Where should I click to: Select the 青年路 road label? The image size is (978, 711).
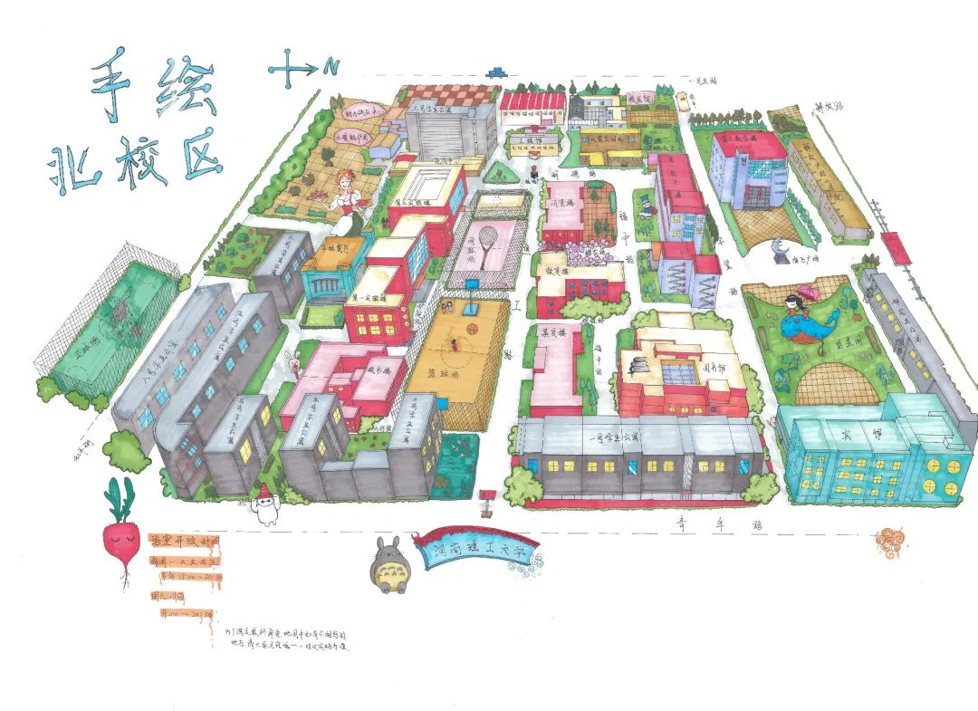coord(696,524)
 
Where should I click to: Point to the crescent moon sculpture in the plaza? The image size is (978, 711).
coord(781,248)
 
